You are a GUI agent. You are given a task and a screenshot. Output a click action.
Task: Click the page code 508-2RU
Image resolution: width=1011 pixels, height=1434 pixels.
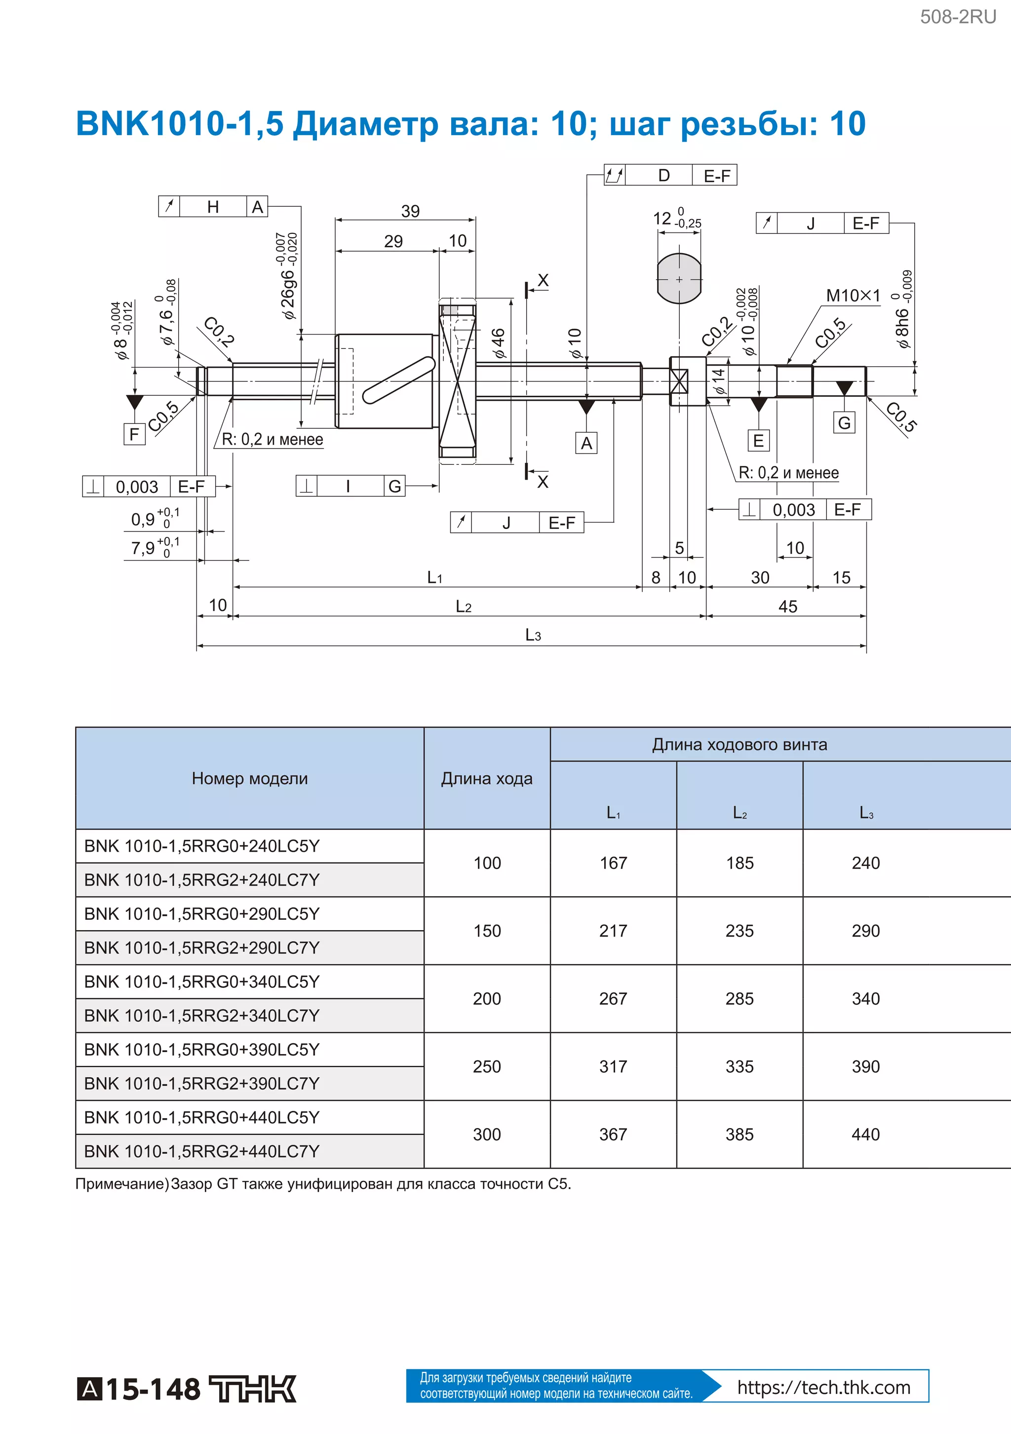957,17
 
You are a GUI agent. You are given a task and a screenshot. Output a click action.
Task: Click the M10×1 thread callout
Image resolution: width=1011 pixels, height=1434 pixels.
852,296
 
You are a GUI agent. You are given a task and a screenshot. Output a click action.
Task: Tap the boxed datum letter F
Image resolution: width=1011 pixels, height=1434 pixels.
134,434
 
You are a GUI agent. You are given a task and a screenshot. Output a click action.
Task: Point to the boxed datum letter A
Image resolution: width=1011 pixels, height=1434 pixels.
586,443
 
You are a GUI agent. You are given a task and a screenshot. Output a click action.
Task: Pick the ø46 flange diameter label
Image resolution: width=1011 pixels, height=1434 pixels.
498,343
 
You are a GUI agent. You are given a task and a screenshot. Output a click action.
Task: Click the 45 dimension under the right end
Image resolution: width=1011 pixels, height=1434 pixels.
787,606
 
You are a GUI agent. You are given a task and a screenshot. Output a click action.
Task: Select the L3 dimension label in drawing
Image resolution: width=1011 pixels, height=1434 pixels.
532,635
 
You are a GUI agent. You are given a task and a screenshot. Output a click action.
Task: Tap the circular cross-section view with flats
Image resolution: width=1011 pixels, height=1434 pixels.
679,278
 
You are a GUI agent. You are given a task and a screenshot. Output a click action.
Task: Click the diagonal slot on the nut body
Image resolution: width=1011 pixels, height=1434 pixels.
399,380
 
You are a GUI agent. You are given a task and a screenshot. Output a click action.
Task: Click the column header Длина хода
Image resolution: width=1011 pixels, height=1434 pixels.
487,778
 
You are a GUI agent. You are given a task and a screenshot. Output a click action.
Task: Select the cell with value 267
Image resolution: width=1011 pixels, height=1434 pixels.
613,999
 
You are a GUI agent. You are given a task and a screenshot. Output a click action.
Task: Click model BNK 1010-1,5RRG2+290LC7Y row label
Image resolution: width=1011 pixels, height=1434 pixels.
202,947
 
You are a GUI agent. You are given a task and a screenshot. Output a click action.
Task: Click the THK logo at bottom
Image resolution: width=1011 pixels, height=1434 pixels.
252,1389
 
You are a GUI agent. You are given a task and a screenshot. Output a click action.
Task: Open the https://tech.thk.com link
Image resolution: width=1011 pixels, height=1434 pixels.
823,1387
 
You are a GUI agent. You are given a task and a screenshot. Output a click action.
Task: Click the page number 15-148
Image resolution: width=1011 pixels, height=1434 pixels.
153,1390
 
